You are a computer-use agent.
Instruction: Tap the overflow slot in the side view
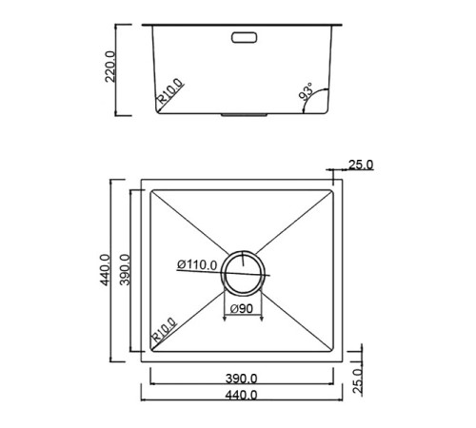click(x=244, y=38)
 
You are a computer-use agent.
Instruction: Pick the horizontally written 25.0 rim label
click(x=360, y=165)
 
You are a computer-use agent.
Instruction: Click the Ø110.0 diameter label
click(x=198, y=265)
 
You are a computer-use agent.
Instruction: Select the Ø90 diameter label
click(x=238, y=307)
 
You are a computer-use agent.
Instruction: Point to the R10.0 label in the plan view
click(x=163, y=331)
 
